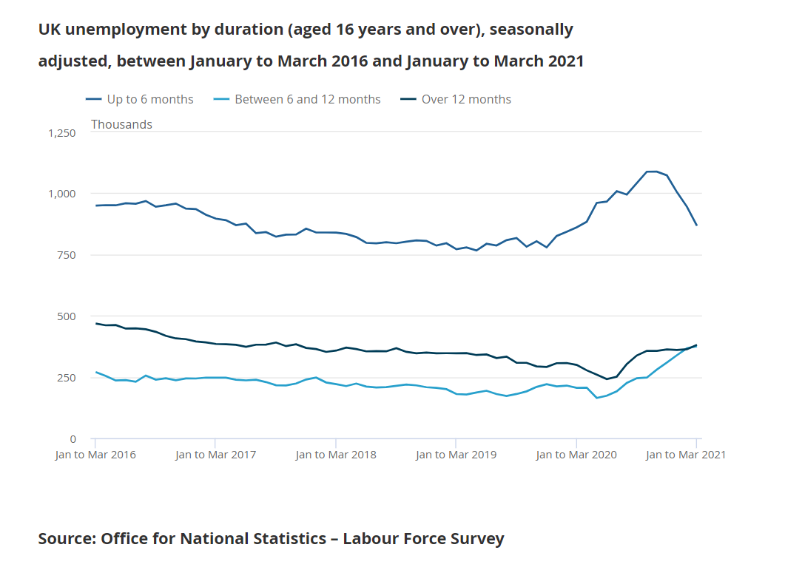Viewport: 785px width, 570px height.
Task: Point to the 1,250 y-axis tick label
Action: click(x=62, y=133)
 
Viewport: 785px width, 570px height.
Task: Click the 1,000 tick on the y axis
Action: click(x=62, y=194)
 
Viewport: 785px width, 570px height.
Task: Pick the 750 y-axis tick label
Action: click(x=67, y=255)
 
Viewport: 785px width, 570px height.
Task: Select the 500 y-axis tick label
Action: click(x=67, y=316)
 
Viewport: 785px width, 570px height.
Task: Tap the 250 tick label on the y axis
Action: click(x=67, y=378)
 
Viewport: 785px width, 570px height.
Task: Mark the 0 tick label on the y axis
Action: click(x=72, y=439)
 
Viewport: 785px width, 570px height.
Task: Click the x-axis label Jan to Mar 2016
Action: click(x=95, y=455)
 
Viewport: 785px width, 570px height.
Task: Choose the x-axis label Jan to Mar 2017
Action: click(x=215, y=455)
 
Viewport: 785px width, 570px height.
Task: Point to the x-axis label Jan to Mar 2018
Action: click(x=336, y=455)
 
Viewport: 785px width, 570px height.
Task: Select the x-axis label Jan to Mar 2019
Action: click(x=456, y=455)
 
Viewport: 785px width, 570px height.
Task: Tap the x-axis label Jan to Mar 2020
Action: click(x=576, y=455)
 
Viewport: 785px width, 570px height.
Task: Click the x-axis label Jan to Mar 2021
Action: click(x=686, y=455)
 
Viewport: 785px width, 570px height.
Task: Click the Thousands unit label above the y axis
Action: click(x=121, y=124)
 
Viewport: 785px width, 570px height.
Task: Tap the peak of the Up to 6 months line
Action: click(x=652, y=172)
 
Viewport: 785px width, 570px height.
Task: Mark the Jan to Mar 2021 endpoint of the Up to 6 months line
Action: click(x=696, y=225)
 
